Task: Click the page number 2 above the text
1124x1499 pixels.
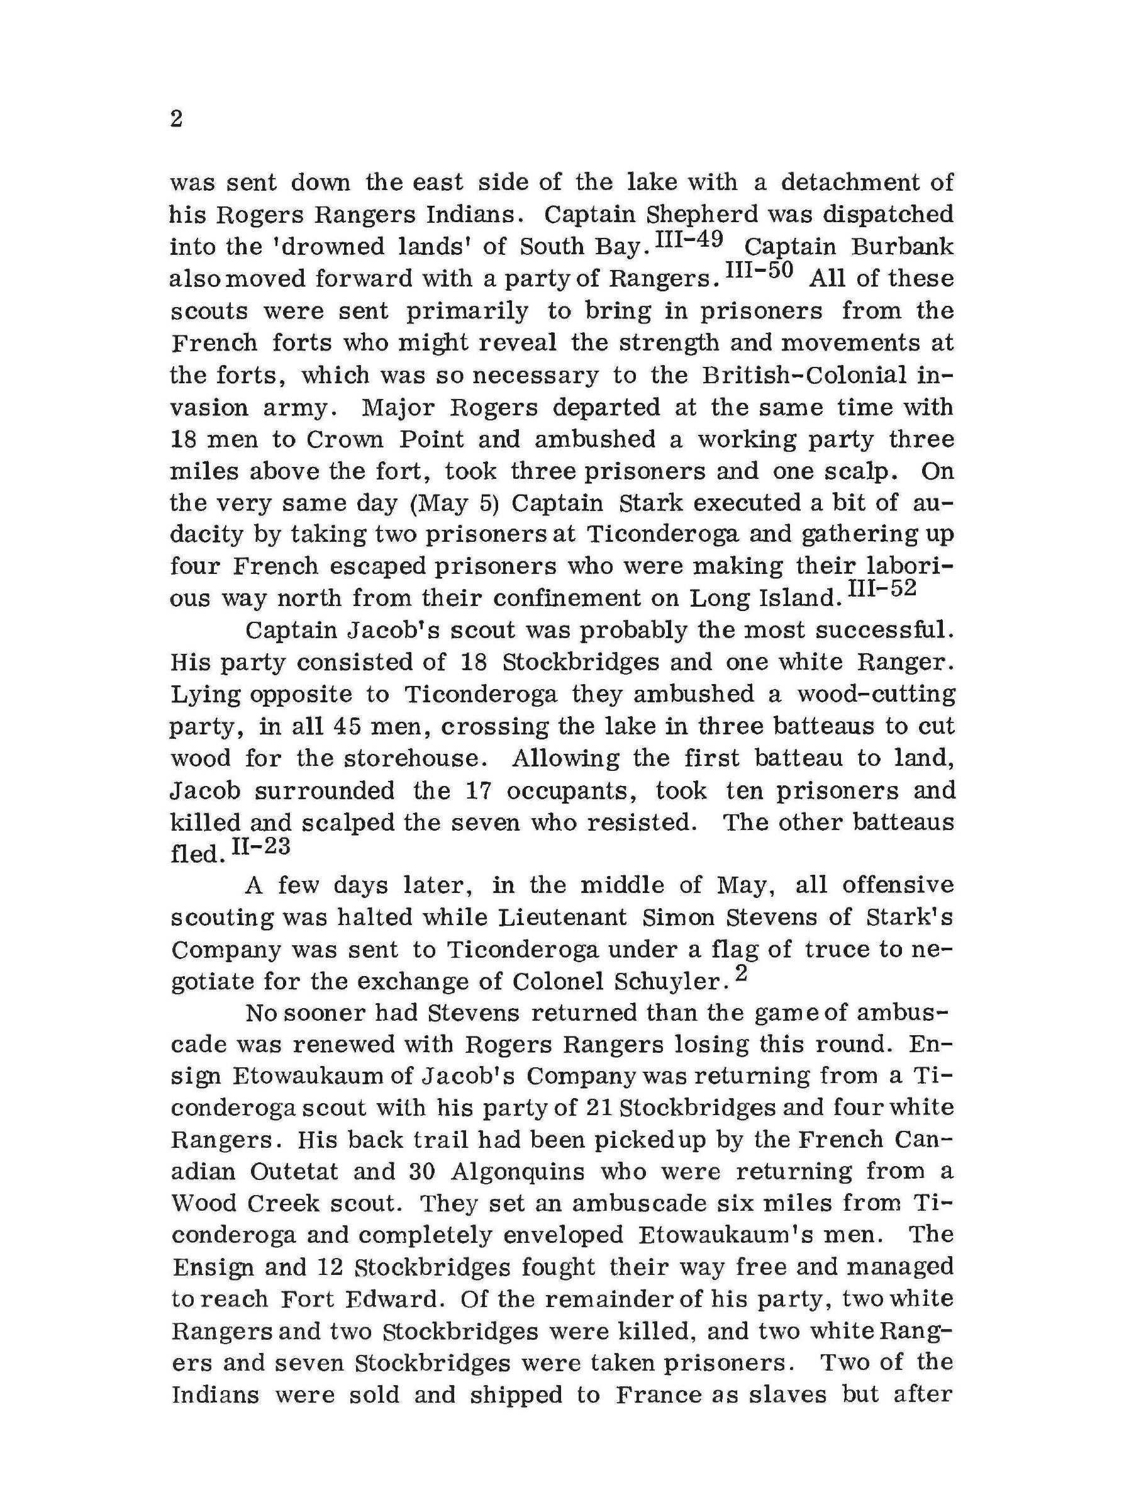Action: click(176, 120)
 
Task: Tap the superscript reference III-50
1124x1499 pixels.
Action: click(759, 272)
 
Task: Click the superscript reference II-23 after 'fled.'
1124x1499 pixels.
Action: click(261, 846)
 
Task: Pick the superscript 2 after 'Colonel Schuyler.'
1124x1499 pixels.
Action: click(740, 974)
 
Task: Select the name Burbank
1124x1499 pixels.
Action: click(902, 247)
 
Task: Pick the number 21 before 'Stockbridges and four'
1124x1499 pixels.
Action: click(599, 1109)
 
